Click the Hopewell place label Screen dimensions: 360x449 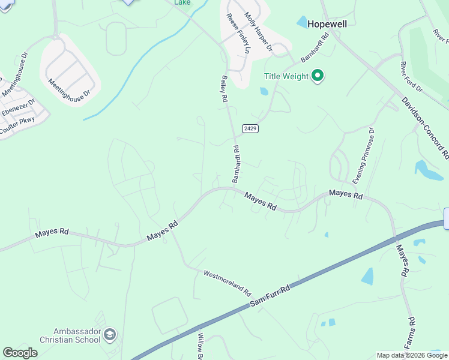(327, 24)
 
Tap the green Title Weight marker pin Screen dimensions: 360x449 (318, 76)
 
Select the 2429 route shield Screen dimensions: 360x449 (250, 129)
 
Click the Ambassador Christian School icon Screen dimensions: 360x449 (110, 334)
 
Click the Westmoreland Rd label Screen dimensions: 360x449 (226, 283)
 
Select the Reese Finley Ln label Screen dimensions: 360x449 (237, 32)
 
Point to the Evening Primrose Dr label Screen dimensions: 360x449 (364, 155)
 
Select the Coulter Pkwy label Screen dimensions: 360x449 (17, 124)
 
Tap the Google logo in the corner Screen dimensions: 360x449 (20, 353)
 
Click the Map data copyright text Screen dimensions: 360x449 (412, 355)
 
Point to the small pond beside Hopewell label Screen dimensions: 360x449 (301, 22)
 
